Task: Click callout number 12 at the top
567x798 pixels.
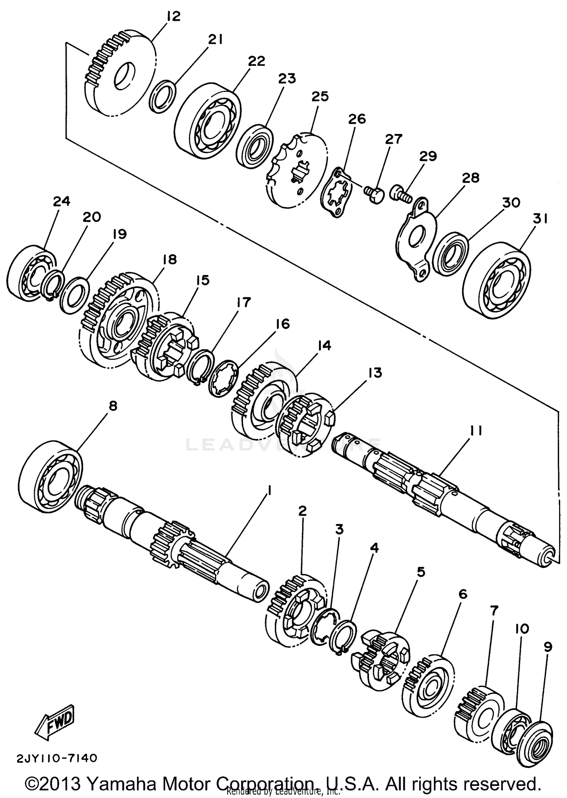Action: click(173, 17)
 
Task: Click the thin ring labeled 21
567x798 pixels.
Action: click(163, 96)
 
